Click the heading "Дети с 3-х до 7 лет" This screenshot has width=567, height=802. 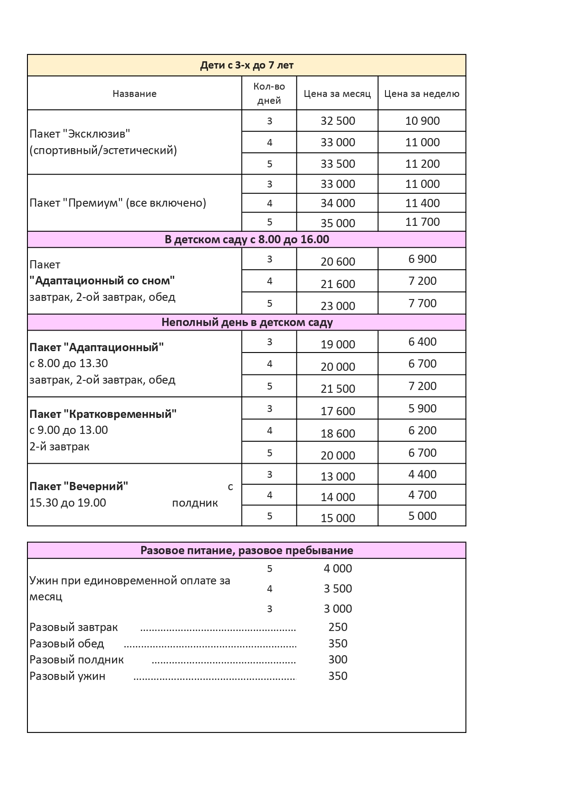pyautogui.click(x=246, y=65)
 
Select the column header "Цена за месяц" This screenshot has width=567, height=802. pyautogui.click(x=337, y=94)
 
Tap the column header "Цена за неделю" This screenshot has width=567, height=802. pyautogui.click(x=422, y=94)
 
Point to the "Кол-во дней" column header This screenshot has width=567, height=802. pyautogui.click(x=269, y=93)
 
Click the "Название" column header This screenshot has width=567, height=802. pyautogui.click(x=134, y=94)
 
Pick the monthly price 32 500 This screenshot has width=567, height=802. pyautogui.click(x=337, y=121)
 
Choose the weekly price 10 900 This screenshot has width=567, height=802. pyautogui.click(x=422, y=121)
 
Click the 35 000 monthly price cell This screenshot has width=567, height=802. pyautogui.click(x=337, y=223)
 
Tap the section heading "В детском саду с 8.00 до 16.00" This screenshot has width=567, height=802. pyautogui.click(x=246, y=240)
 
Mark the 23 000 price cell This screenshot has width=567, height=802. pyautogui.click(x=337, y=306)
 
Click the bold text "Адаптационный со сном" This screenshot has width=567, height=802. pyautogui.click(x=102, y=280)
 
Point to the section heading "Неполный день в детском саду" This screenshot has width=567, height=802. pyautogui.click(x=246, y=322)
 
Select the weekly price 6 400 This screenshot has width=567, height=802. pyautogui.click(x=422, y=342)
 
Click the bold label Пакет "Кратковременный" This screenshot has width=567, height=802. pyautogui.click(x=103, y=414)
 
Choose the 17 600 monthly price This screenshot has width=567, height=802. pyautogui.click(x=337, y=411)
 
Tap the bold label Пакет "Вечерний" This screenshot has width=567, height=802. pyautogui.click(x=79, y=487)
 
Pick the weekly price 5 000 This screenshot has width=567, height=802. pyautogui.click(x=422, y=516)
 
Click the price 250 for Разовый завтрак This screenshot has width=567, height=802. pyautogui.click(x=337, y=627)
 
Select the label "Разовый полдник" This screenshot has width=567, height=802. pyautogui.click(x=76, y=660)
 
